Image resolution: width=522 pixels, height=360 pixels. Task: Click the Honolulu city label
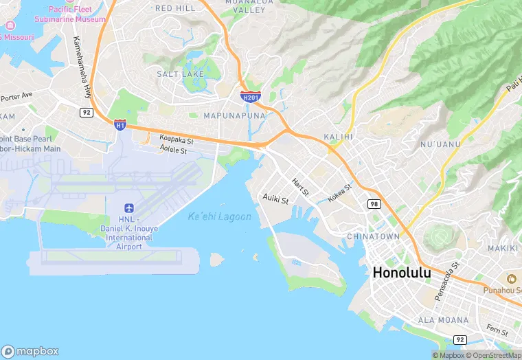pyautogui.click(x=401, y=272)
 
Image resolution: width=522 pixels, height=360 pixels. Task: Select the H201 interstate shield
pyautogui.click(x=250, y=98)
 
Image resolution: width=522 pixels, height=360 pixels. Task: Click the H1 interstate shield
pyautogui.click(x=120, y=125)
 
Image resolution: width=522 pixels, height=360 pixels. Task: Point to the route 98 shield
pyautogui.click(x=374, y=204)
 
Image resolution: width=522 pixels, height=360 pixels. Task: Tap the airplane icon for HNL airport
pyautogui.click(x=129, y=208)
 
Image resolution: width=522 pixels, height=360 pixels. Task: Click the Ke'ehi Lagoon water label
pyautogui.click(x=219, y=217)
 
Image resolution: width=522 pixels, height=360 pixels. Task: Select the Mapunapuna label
pyautogui.click(x=234, y=115)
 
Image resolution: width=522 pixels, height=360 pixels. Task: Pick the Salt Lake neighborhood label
pyautogui.click(x=181, y=74)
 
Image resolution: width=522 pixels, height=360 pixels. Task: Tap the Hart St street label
pyautogui.click(x=300, y=185)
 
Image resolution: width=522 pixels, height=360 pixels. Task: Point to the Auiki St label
pyautogui.click(x=275, y=198)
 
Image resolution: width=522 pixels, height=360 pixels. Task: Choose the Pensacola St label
pyautogui.click(x=447, y=281)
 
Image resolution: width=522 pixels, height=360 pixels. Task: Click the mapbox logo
pyautogui.click(x=30, y=351)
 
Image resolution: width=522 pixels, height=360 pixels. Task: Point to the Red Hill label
pyautogui.click(x=175, y=8)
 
